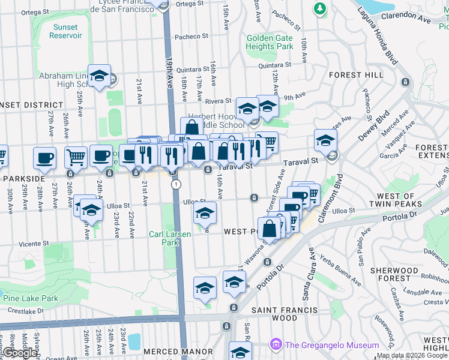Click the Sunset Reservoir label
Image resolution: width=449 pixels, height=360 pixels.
click(65, 31)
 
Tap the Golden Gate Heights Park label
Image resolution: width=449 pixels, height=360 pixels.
click(270, 42)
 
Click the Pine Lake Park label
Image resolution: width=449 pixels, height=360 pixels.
click(30, 298)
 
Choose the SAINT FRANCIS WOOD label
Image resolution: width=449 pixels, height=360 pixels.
click(284, 314)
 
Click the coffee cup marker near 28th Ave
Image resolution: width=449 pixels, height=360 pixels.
click(44, 158)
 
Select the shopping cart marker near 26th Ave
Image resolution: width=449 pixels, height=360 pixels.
click(76, 157)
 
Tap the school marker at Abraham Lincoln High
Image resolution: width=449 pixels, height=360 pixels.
click(100, 76)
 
